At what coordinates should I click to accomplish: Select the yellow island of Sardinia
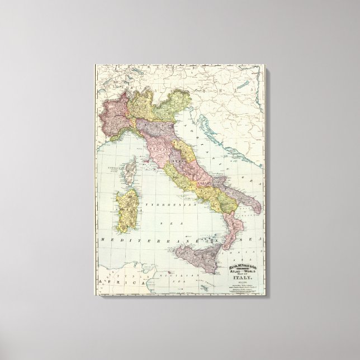pyautogui.click(x=127, y=199)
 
